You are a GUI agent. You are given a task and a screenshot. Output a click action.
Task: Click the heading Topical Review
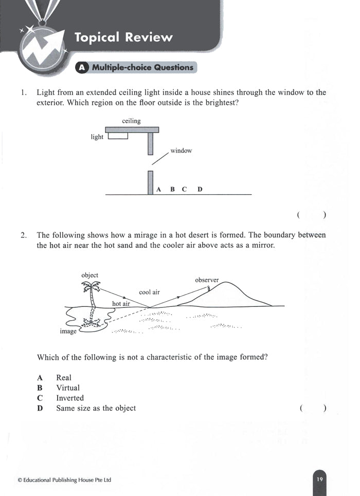[123, 37]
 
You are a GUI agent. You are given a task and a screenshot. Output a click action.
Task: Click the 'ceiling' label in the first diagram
[131, 121]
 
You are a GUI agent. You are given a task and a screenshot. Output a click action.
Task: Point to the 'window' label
[181, 151]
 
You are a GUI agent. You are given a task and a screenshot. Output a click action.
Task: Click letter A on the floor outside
[159, 189]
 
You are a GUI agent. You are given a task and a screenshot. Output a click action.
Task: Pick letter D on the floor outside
[200, 189]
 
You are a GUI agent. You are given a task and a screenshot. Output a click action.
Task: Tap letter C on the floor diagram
[184, 189]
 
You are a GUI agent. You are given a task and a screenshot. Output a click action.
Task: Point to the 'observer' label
[207, 280]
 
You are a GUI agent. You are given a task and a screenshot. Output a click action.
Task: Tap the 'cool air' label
[149, 292]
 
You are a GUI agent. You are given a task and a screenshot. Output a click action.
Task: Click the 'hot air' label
[121, 304]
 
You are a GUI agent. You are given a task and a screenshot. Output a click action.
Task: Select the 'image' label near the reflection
[68, 332]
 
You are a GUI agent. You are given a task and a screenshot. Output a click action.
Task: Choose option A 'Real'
[63, 378]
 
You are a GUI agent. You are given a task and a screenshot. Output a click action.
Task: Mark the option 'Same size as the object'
[96, 409]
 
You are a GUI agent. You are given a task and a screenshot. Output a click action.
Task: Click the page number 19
[319, 479]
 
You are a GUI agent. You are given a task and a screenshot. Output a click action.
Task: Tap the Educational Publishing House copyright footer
[64, 480]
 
